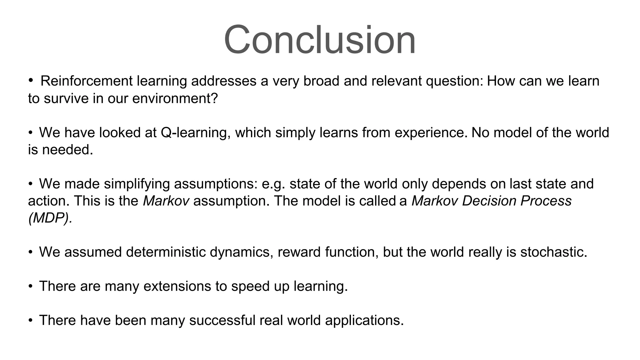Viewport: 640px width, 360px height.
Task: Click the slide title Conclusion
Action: tap(320, 40)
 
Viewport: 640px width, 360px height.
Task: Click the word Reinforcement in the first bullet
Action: tap(87, 81)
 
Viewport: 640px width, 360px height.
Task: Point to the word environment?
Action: tap(175, 98)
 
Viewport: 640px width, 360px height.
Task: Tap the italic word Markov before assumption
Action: tap(166, 201)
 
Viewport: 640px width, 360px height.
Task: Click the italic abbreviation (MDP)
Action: tap(50, 218)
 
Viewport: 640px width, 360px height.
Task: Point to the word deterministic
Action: tap(166, 252)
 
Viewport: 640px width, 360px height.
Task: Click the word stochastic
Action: tap(553, 252)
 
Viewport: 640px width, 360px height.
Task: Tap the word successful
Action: tap(222, 320)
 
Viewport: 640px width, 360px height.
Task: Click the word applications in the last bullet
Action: tap(364, 320)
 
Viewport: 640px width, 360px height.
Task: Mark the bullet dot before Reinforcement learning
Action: tap(30, 80)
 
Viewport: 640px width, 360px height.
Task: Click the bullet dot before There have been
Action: tap(30, 320)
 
